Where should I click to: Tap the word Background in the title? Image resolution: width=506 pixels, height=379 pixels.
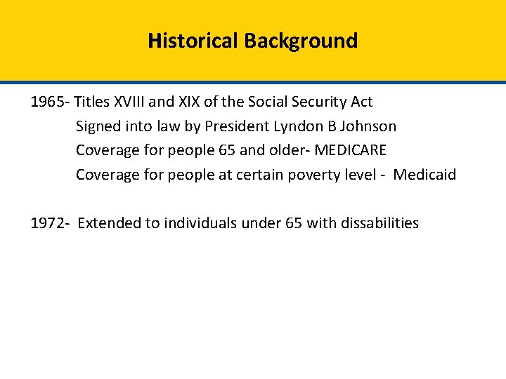click(x=301, y=41)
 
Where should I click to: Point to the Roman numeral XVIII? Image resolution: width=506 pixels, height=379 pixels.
click(x=131, y=102)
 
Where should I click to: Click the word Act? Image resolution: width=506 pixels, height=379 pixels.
click(x=361, y=102)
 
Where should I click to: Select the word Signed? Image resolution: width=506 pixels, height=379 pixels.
click(x=98, y=126)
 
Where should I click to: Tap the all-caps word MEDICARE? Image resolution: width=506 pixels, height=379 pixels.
click(x=350, y=150)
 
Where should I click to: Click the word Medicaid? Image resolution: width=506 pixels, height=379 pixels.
click(x=424, y=175)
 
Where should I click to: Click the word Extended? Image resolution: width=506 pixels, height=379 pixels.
click(x=109, y=223)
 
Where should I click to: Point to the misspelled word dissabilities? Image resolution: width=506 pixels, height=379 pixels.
click(x=379, y=223)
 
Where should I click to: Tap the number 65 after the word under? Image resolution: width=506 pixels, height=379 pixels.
click(x=294, y=223)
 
